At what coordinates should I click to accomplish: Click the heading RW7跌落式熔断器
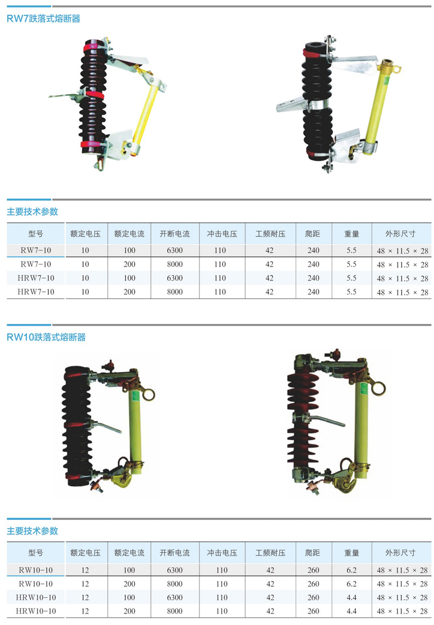pos(43,19)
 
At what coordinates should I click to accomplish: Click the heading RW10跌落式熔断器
pos(46,337)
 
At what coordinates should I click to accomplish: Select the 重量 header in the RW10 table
pos(352,553)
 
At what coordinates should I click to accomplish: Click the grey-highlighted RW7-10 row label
pos(36,250)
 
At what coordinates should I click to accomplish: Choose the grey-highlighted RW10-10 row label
pos(36,570)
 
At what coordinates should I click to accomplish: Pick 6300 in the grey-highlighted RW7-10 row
pos(175,250)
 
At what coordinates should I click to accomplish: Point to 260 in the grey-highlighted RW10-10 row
pos(313,570)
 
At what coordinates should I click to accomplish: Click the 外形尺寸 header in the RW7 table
pos(400,233)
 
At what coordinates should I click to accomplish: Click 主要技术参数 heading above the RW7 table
pos(33,212)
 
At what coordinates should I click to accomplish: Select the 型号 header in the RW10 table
pos(36,553)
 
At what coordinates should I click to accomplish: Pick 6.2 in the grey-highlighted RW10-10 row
pos(352,570)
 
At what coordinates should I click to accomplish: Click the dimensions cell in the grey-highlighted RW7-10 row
pos(402,251)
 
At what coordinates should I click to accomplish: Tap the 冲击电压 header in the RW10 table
pos(222,553)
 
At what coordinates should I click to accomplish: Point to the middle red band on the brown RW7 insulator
pos(95,95)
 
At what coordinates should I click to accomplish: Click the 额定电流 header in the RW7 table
pos(129,233)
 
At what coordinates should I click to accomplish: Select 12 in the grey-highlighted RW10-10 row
pos(85,570)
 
